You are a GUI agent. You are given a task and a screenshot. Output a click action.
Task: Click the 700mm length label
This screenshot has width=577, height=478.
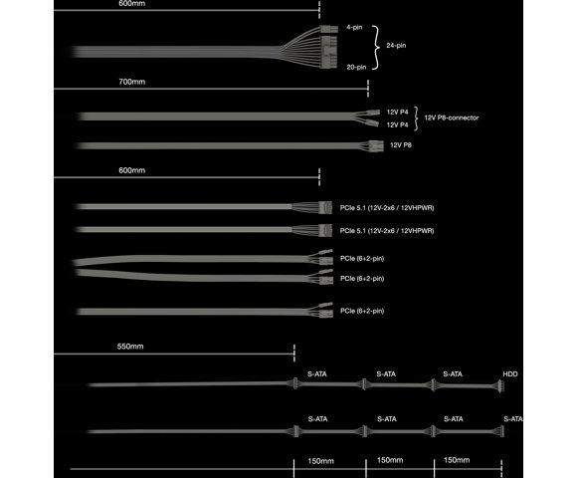click(x=131, y=82)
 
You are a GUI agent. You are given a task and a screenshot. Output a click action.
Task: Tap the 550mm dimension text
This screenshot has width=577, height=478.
click(x=130, y=347)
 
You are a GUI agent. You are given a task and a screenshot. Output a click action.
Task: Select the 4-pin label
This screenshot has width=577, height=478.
click(x=354, y=27)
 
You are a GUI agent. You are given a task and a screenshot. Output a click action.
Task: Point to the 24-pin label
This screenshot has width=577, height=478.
click(x=396, y=46)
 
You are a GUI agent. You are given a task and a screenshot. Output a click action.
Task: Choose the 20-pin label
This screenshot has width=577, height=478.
click(x=356, y=68)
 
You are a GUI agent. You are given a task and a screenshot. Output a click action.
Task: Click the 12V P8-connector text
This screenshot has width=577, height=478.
click(x=452, y=118)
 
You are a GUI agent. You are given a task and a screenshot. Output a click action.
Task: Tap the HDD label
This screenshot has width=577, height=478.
click(x=510, y=374)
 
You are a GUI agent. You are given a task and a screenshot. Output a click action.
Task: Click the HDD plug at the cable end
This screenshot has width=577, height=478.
click(x=499, y=386)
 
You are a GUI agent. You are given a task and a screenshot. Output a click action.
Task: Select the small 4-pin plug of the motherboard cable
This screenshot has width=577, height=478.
click(x=329, y=29)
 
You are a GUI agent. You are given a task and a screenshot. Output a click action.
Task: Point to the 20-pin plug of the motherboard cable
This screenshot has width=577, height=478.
click(x=329, y=52)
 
